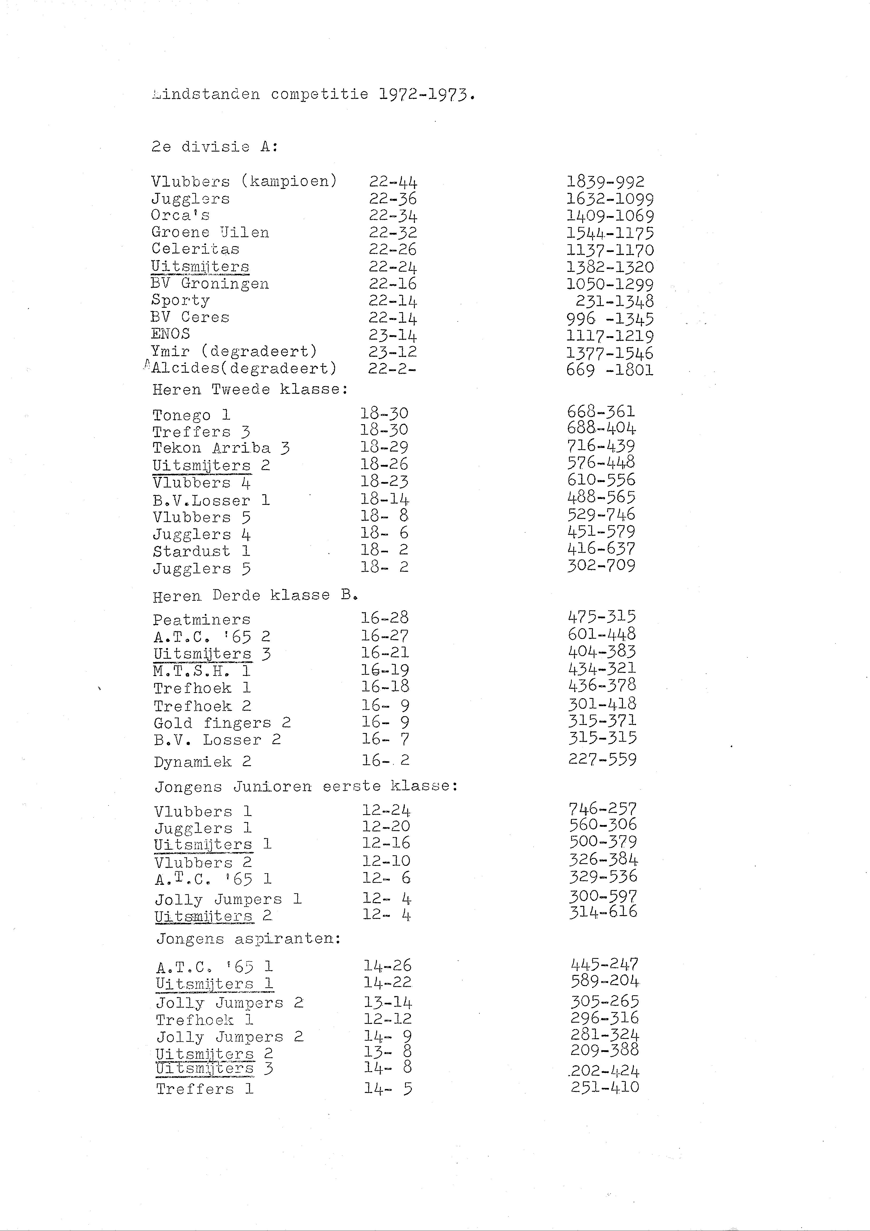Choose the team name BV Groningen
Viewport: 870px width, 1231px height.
click(x=210, y=284)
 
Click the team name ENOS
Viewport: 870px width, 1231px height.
click(x=170, y=334)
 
